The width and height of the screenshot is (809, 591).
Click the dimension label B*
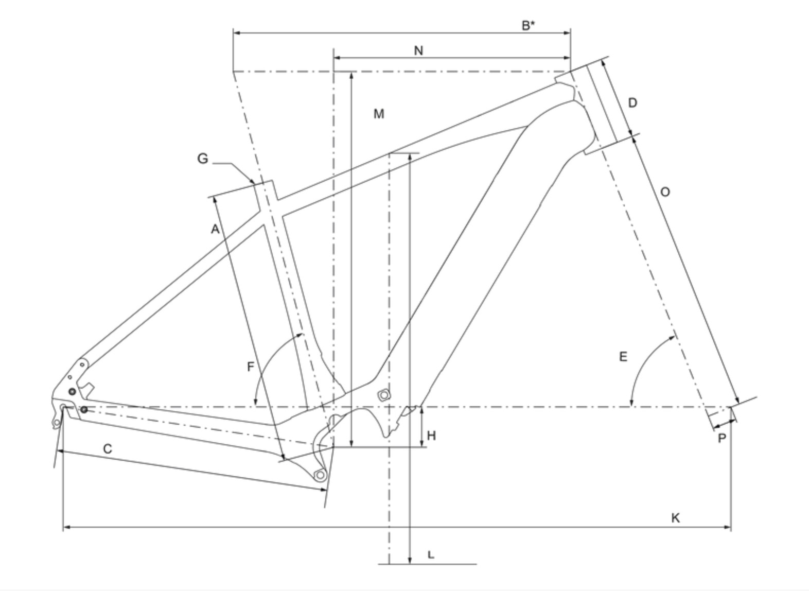click(528, 26)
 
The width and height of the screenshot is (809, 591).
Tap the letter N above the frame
click(418, 50)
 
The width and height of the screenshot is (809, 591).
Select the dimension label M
click(379, 114)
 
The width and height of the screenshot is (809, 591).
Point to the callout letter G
click(203, 159)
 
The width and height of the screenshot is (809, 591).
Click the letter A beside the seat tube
click(215, 229)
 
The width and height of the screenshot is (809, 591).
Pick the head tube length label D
click(632, 103)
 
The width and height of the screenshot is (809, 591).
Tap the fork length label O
click(665, 192)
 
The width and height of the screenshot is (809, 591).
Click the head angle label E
click(623, 356)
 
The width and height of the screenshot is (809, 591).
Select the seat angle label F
click(251, 367)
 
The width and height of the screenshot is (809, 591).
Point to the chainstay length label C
click(107, 449)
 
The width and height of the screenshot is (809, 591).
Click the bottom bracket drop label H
click(431, 436)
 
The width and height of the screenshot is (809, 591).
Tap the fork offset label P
click(722, 438)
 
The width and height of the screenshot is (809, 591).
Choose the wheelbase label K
click(675, 517)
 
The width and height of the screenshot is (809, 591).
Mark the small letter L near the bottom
click(431, 554)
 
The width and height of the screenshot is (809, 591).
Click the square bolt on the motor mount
click(383, 395)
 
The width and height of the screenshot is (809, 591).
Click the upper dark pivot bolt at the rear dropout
click(72, 392)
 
